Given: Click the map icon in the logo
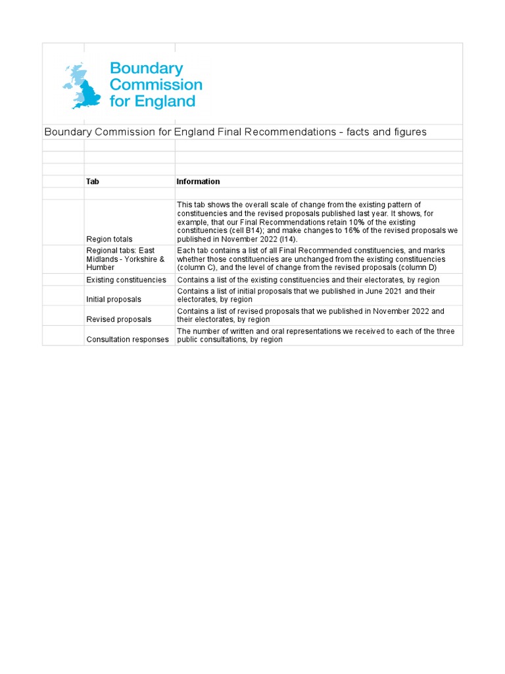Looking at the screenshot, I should (x=82, y=86).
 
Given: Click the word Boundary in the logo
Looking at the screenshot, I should (x=146, y=68).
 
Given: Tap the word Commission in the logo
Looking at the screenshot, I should (x=156, y=85).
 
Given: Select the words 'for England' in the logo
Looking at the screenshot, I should (x=153, y=101).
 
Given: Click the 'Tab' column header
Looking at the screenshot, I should (x=93, y=182).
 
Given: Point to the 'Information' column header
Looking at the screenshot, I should (x=198, y=182).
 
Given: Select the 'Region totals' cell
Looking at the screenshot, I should (x=109, y=240).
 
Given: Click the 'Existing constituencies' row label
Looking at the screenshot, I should (x=126, y=280).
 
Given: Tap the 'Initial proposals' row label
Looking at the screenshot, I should (x=114, y=299).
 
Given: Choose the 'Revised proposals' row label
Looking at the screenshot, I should (x=118, y=319).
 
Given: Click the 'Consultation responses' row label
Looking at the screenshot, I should (x=128, y=340).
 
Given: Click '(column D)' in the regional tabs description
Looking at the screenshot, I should (x=422, y=268).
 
